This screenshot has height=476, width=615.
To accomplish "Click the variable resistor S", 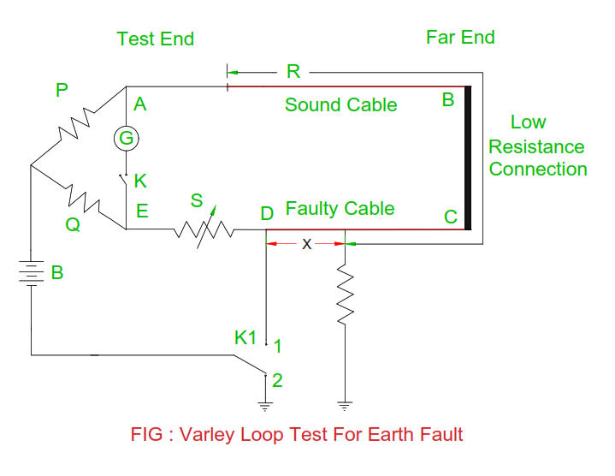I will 204,229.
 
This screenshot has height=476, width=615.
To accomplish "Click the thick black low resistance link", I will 468,158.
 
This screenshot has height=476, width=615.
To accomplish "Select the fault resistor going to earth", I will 344,293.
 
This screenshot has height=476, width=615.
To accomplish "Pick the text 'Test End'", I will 155,39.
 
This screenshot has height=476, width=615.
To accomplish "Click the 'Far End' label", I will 460,37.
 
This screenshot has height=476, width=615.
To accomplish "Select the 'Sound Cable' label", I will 340,105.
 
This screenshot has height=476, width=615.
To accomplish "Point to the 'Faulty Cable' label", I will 340,209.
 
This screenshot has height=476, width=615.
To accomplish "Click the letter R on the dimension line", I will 293,71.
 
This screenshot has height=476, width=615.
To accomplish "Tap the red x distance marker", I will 306,244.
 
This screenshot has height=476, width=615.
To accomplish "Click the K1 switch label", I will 245,337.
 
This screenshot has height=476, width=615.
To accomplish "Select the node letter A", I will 141,104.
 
